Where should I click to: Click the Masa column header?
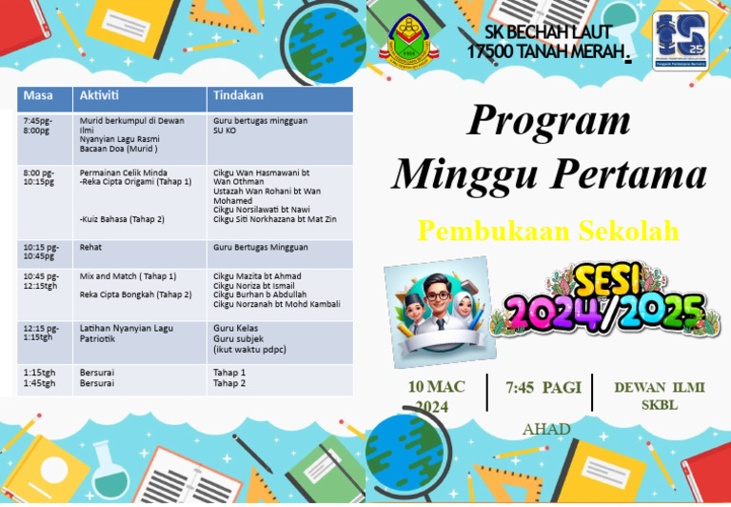tap(38, 96)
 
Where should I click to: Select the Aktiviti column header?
tap(99, 96)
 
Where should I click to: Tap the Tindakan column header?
tap(238, 96)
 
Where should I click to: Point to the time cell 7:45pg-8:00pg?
tap(38, 126)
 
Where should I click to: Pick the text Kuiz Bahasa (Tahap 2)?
tap(122, 219)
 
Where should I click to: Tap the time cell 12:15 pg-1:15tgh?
tap(41, 333)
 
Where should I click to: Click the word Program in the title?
tap(549, 121)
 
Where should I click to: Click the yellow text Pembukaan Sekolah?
tap(548, 231)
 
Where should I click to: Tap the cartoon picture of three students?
tap(439, 311)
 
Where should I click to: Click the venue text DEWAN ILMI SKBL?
tap(659, 395)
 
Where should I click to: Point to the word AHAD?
tap(546, 430)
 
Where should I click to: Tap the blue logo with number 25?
tap(680, 40)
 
